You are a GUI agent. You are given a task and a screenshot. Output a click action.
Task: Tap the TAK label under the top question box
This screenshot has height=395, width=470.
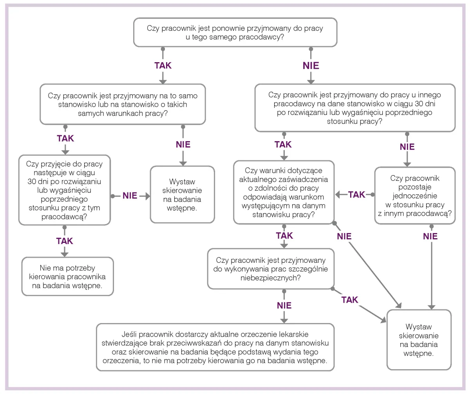pyautogui.click(x=163, y=65)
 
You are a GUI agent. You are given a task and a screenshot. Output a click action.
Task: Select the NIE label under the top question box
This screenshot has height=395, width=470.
pyautogui.click(x=311, y=65)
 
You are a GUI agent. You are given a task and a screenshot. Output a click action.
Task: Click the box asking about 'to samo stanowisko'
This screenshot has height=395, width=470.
pyautogui.click(x=123, y=104)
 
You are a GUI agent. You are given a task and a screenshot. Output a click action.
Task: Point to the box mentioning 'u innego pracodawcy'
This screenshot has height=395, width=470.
pyautogui.click(x=355, y=108)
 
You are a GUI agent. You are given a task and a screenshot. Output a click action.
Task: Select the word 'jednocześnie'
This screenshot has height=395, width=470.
pyautogui.click(x=415, y=196)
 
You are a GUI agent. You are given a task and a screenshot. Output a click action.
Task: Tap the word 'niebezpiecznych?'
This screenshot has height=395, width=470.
pyautogui.click(x=271, y=278)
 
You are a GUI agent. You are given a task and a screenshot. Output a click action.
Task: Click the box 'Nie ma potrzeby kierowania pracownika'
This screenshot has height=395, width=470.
pyautogui.click(x=67, y=276)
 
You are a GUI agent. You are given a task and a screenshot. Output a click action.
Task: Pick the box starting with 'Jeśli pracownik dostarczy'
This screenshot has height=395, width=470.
pyautogui.click(x=215, y=347)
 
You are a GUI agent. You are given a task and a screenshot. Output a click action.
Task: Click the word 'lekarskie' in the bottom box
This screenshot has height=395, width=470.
pyautogui.click(x=293, y=334)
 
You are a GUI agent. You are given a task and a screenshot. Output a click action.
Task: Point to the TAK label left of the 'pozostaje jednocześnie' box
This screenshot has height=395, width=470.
pyautogui.click(x=356, y=194)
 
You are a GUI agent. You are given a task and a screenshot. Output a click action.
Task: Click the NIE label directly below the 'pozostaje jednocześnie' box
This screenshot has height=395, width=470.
pyautogui.click(x=430, y=236)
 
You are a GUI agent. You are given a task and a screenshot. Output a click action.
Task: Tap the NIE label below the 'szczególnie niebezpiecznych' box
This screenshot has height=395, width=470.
pyautogui.click(x=284, y=305)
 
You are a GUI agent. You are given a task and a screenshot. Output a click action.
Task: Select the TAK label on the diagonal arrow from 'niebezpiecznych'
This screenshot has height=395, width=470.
pyautogui.click(x=350, y=300)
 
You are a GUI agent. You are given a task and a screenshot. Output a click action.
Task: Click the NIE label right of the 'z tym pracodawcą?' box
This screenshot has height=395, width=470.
pyautogui.click(x=130, y=196)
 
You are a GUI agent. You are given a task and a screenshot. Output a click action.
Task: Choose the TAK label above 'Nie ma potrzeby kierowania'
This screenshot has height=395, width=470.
pyautogui.click(x=65, y=241)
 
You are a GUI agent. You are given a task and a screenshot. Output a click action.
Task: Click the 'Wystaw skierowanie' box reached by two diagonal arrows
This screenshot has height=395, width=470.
pyautogui.click(x=419, y=340)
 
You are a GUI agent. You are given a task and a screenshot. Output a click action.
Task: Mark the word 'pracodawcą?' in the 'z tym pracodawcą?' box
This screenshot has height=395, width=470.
pyautogui.click(x=65, y=217)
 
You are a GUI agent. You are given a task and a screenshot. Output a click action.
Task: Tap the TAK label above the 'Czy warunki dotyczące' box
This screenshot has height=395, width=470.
pyautogui.click(x=283, y=144)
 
